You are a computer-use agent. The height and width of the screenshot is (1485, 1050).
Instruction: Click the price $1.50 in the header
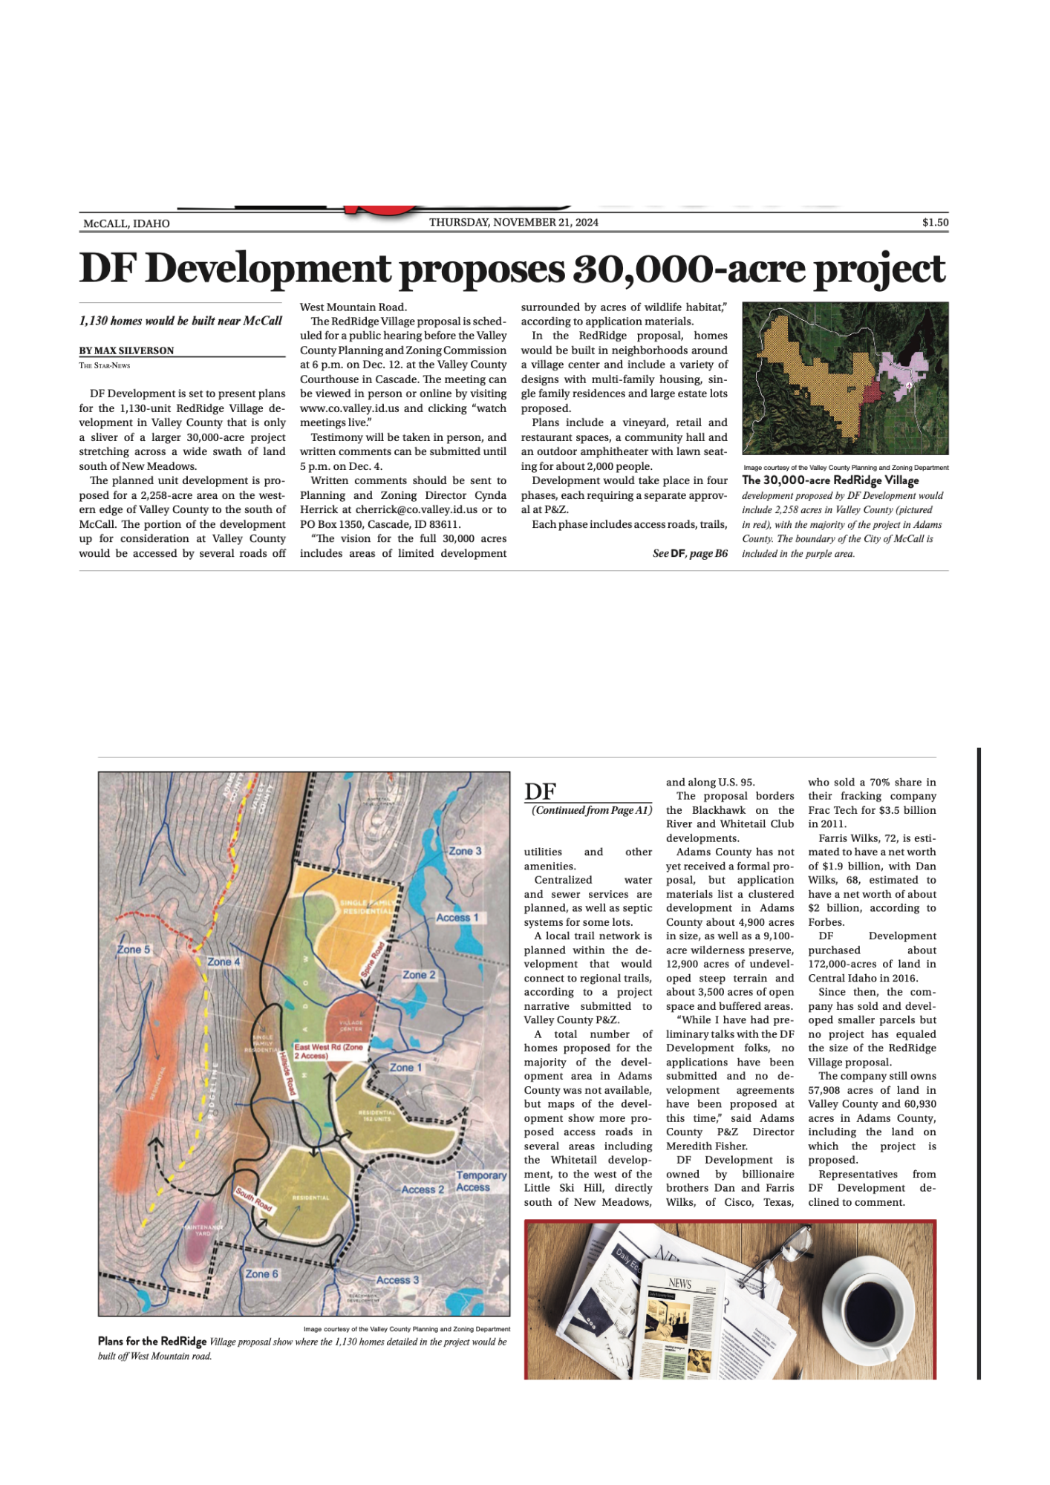pos(935,222)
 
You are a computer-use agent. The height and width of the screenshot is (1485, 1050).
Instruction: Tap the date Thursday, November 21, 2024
pos(513,222)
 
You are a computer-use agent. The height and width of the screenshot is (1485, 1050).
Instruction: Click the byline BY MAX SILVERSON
pos(126,350)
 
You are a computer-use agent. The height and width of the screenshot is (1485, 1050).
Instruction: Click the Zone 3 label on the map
pos(465,851)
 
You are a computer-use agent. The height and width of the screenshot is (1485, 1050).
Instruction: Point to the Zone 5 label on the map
pos(134,949)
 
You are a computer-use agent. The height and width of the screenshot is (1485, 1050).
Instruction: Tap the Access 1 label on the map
pos(457,918)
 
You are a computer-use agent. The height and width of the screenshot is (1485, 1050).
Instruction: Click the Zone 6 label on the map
pos(261,1274)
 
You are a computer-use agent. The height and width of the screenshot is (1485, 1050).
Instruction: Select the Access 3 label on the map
pos(397,1280)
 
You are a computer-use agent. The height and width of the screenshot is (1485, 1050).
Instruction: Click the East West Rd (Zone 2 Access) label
pos(329,1051)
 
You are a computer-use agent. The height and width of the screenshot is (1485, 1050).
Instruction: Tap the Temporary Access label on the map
pos(480,1181)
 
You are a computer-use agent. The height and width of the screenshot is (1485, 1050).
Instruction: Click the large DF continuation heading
pos(540,792)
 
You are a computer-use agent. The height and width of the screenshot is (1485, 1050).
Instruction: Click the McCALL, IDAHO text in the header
pos(126,223)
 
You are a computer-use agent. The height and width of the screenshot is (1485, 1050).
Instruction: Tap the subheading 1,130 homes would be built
pos(180,321)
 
